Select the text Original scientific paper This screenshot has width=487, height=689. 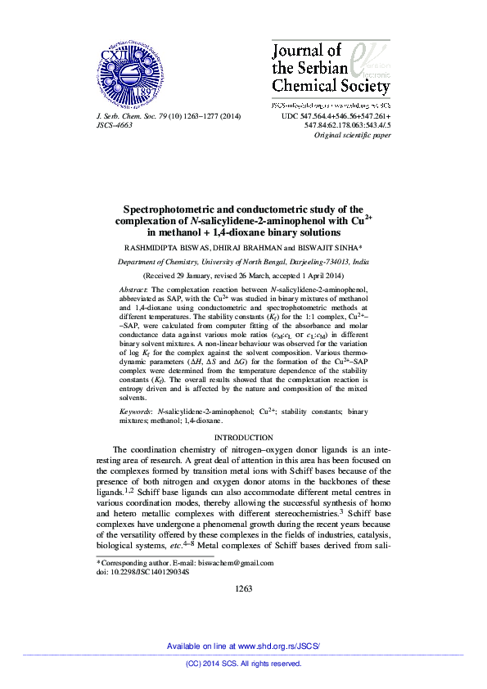[x=353, y=135]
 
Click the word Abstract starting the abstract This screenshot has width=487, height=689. [x=133, y=290]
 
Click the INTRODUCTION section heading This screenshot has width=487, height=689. [x=243, y=439]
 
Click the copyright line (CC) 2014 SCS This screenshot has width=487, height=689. [x=243, y=664]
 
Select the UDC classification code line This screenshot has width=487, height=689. [x=336, y=117]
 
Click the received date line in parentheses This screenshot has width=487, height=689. [x=243, y=277]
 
